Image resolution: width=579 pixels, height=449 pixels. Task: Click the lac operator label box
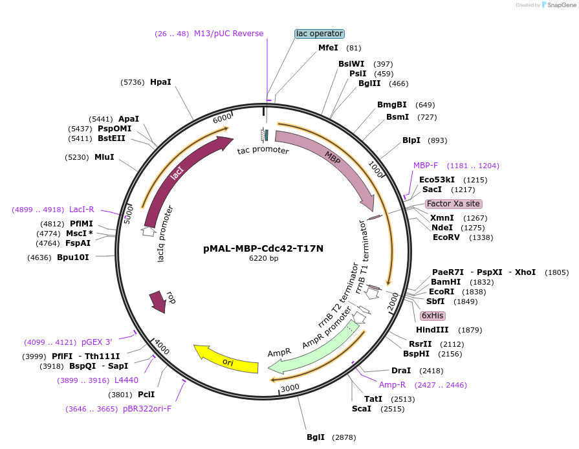tap(320, 34)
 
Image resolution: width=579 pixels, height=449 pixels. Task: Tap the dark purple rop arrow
tap(158, 300)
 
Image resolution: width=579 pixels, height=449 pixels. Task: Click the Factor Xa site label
tap(453, 203)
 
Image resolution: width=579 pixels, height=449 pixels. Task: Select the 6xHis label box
tap(433, 316)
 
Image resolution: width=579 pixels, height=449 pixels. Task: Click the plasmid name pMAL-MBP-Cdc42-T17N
tap(263, 248)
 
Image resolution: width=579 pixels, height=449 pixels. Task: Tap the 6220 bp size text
tap(263, 259)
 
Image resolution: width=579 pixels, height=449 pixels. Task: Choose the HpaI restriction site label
tap(160, 82)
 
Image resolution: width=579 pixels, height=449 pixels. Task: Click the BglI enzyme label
tap(316, 437)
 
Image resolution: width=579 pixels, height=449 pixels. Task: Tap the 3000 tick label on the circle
tap(289, 388)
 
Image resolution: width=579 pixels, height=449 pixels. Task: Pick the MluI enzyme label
tap(104, 157)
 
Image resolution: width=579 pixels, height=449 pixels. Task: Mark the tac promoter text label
tap(263, 151)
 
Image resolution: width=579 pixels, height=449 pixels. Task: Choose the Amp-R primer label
tap(391, 385)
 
